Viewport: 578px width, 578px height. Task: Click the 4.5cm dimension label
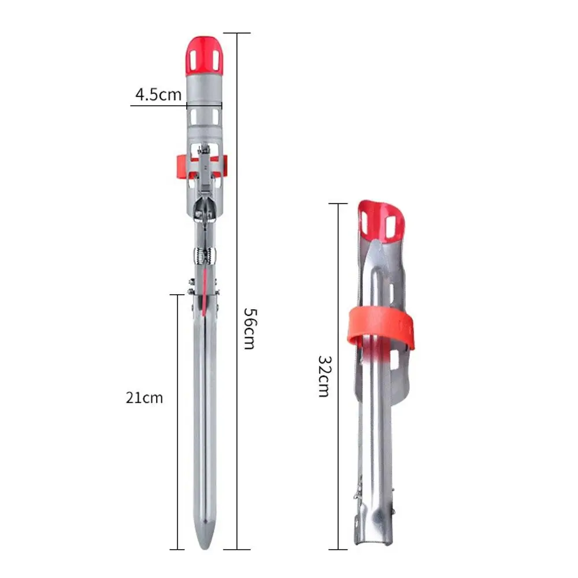[158, 94]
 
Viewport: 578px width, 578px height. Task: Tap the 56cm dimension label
[250, 328]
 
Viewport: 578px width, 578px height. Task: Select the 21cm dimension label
[144, 398]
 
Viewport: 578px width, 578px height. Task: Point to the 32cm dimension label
[324, 376]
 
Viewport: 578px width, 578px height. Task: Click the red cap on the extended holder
[204, 55]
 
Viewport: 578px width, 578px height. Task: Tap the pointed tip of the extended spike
[205, 549]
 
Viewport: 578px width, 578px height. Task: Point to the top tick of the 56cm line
[236, 33]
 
